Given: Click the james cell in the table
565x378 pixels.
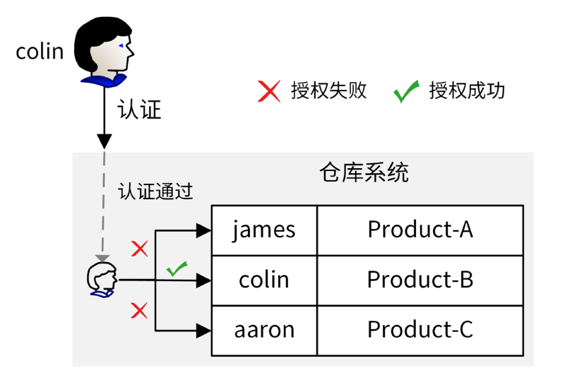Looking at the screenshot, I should pos(264,230).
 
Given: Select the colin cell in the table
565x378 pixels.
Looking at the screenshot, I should pos(264,280).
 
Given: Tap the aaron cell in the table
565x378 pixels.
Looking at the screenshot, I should pos(264,330).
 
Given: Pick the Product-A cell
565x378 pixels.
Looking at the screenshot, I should pos(420,230).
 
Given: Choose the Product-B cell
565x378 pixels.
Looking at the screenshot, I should pos(420,280).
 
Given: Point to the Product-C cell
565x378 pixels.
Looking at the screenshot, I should pos(420,330).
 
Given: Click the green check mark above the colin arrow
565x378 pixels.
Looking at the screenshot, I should pos(177,268).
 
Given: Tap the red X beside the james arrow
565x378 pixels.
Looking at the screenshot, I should pos(140,249).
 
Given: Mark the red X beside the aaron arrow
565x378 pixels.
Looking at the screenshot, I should pos(140,310).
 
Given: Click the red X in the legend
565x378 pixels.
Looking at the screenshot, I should pos(269,90).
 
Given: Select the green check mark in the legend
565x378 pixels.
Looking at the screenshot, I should pos(406,91).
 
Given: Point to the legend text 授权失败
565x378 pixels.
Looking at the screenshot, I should pos(329,90).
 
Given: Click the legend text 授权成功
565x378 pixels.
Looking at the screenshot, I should pos(467,90).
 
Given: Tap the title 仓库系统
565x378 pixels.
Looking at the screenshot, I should pos(364,173).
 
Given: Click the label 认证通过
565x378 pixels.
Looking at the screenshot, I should pos(155,191).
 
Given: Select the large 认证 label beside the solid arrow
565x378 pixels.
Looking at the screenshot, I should pos(140,110).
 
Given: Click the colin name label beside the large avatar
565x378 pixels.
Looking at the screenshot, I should pos(40,51).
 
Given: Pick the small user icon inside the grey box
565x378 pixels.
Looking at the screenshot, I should pos(102,280).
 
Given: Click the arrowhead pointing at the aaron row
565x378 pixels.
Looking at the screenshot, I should pos(205,330).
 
